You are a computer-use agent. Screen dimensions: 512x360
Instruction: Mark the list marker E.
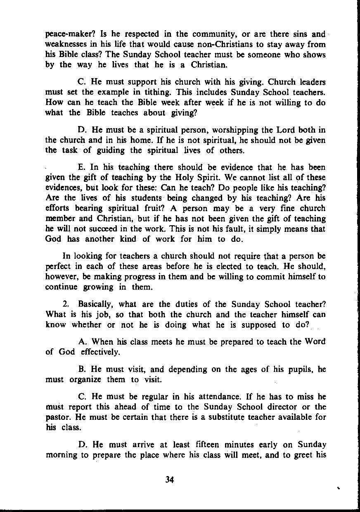(x=81, y=167)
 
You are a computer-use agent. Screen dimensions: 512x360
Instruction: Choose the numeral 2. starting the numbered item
(x=65, y=305)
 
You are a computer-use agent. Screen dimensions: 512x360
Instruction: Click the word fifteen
(x=207, y=445)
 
